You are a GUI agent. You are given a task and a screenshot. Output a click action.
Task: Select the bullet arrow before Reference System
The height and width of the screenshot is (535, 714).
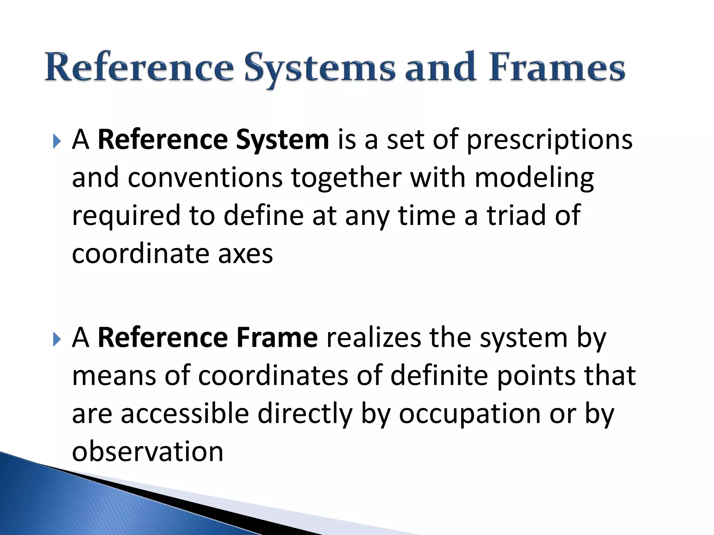point(57,141)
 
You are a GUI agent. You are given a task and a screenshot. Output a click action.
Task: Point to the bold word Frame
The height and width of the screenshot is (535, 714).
point(277,338)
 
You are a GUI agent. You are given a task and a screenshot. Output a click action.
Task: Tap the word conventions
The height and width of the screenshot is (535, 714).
point(205,178)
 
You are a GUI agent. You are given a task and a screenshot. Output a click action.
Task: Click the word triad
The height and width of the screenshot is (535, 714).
point(516,215)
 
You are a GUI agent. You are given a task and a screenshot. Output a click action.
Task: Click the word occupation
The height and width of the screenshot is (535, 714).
point(469,414)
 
